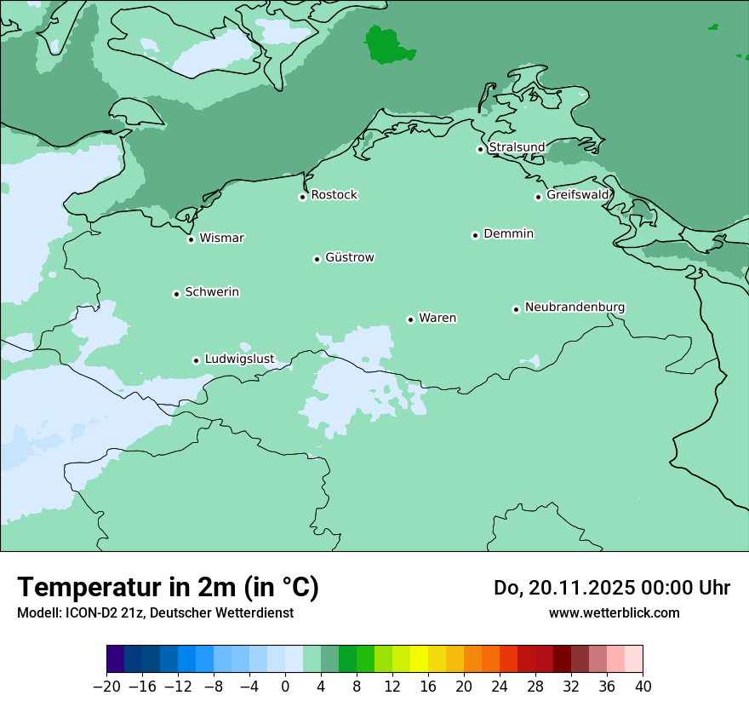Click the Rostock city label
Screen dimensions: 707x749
334,195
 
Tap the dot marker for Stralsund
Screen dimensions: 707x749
480,149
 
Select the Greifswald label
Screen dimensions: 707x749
577,195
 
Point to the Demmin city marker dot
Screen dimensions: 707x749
475,235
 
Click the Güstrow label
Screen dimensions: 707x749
349,257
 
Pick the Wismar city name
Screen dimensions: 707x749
221,238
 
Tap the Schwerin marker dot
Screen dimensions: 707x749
176,294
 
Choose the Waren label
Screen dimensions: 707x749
437,318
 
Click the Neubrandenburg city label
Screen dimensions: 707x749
575,307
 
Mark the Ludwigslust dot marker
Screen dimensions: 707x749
196,360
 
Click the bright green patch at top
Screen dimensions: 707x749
387,44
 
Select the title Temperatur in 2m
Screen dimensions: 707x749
168,587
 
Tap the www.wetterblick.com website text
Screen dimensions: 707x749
614,612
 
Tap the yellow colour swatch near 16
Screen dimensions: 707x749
419,659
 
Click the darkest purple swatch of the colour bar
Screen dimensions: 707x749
116,659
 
